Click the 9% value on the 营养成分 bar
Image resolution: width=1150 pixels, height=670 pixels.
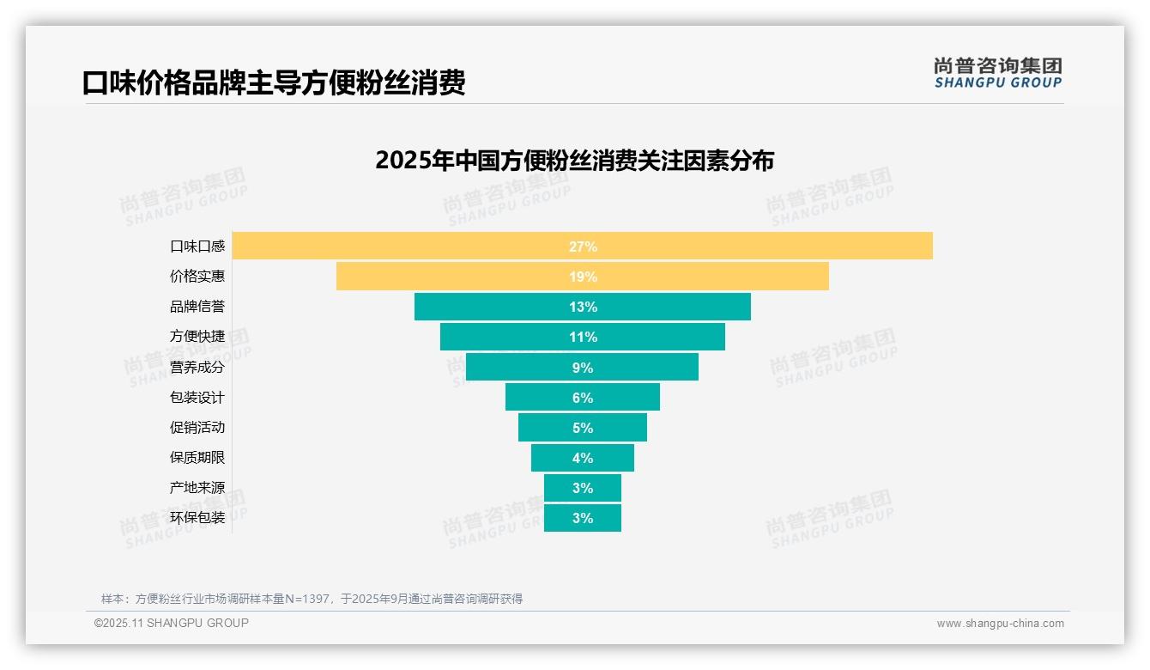[x=582, y=368]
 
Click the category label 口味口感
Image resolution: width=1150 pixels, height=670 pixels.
[x=197, y=247]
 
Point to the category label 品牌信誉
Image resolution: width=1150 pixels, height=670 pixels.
[x=197, y=307]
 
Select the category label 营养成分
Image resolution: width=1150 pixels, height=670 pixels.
[x=197, y=368]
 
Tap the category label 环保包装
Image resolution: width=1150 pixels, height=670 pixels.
[x=197, y=518]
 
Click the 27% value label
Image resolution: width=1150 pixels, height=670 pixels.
[x=582, y=247]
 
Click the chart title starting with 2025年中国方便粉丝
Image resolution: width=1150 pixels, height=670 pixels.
[x=574, y=161]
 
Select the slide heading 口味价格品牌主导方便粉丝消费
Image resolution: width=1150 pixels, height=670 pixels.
[x=274, y=83]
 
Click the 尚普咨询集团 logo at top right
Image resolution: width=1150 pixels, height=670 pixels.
[x=997, y=73]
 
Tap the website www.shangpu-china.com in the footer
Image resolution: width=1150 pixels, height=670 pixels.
[x=1000, y=624]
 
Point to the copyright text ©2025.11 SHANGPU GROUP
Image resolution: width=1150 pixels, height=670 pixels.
[x=172, y=623]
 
